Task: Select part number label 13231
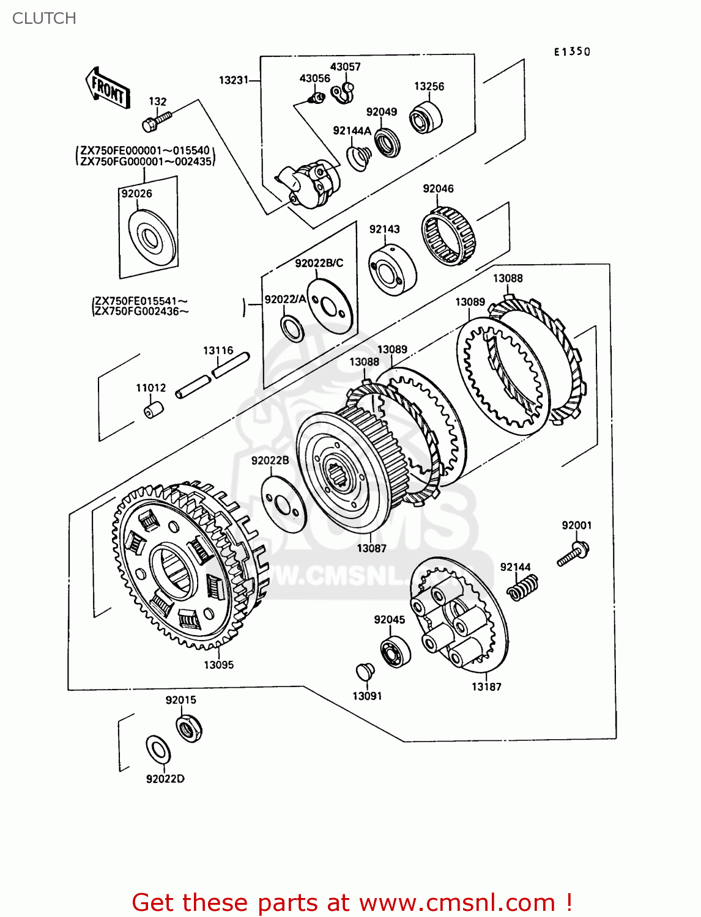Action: click(x=234, y=80)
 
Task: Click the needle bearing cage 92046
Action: click(x=448, y=235)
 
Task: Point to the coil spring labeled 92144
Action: click(x=524, y=587)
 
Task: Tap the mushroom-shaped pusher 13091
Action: click(x=365, y=671)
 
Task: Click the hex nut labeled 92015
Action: click(x=189, y=729)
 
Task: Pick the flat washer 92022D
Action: click(x=158, y=749)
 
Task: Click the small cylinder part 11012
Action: click(x=153, y=409)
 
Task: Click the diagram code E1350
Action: click(x=572, y=52)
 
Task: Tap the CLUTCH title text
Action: click(x=44, y=18)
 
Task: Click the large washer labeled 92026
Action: click(x=152, y=237)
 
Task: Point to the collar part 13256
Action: click(x=426, y=117)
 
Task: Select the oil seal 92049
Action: click(x=387, y=144)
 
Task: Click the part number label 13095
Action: click(x=218, y=665)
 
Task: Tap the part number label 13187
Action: click(x=486, y=687)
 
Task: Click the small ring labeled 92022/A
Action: click(x=292, y=329)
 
